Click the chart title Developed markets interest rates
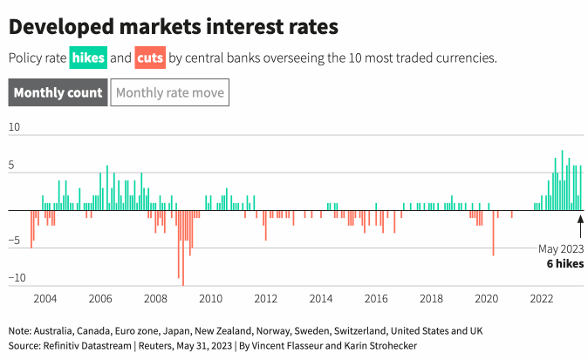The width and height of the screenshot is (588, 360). pyautogui.click(x=173, y=27)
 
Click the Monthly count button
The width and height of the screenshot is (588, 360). pyautogui.click(x=58, y=92)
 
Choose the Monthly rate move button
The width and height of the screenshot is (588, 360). pyautogui.click(x=170, y=92)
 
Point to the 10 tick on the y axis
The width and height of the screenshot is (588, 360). pyautogui.click(x=14, y=126)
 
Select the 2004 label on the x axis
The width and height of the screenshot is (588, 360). pyautogui.click(x=44, y=299)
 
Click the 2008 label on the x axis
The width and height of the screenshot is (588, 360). pyautogui.click(x=155, y=299)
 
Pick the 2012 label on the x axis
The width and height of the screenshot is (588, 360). pyautogui.click(x=265, y=299)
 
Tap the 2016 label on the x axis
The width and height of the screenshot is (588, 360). pyautogui.click(x=376, y=299)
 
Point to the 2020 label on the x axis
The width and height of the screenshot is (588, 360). pyautogui.click(x=486, y=299)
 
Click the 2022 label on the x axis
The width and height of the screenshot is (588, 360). pyautogui.click(x=541, y=299)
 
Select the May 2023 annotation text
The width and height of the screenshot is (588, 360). pyautogui.click(x=560, y=248)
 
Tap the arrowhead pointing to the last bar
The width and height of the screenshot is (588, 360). pyautogui.click(x=580, y=216)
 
